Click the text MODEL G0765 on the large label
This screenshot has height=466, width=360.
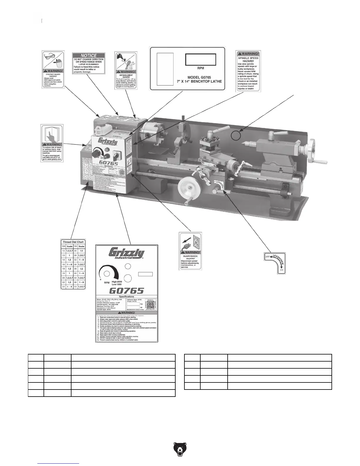click(200, 77)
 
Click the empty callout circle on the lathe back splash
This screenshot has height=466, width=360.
click(236, 135)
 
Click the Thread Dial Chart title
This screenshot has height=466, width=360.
click(73, 242)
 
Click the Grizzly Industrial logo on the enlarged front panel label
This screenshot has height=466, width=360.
click(126, 253)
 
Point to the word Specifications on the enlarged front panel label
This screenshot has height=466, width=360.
click(126, 297)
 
